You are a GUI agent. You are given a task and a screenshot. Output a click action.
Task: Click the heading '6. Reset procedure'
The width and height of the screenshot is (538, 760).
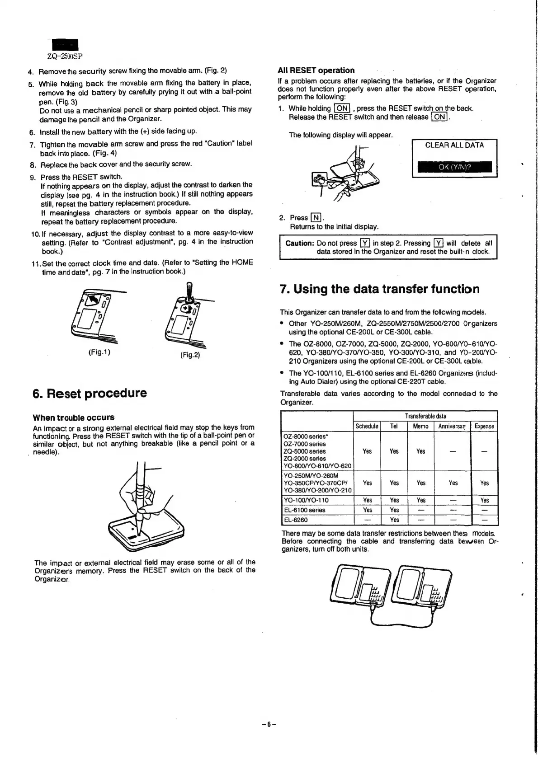(90, 393)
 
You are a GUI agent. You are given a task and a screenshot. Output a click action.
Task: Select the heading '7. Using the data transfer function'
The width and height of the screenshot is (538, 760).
(380, 289)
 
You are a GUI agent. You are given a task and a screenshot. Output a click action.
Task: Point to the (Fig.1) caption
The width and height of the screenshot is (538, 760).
(99, 352)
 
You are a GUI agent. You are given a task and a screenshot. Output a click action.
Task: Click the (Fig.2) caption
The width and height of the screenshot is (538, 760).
(190, 355)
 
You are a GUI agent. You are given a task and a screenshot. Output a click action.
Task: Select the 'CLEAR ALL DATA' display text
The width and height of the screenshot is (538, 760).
(454, 145)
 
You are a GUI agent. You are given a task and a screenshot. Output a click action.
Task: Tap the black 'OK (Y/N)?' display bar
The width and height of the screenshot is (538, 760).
(454, 167)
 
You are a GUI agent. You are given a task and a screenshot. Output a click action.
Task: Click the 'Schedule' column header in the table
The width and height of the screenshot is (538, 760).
(367, 426)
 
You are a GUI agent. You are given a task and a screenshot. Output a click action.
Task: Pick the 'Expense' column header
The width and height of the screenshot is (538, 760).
(484, 426)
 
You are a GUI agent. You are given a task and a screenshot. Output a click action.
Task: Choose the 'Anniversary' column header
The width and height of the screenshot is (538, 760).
(452, 426)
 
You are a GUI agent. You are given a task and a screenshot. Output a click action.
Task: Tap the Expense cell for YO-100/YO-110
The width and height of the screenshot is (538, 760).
(484, 500)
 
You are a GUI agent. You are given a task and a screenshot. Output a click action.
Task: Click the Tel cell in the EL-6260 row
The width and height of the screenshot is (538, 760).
(394, 520)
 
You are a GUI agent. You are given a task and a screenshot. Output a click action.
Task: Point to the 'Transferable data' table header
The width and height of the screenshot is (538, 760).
(425, 416)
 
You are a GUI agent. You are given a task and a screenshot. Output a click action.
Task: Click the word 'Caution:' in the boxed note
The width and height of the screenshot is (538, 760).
(299, 243)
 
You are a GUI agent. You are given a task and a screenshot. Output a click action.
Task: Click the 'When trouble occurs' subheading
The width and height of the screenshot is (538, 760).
(74, 418)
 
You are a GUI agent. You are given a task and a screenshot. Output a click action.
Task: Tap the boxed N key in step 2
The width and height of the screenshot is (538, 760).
(316, 217)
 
